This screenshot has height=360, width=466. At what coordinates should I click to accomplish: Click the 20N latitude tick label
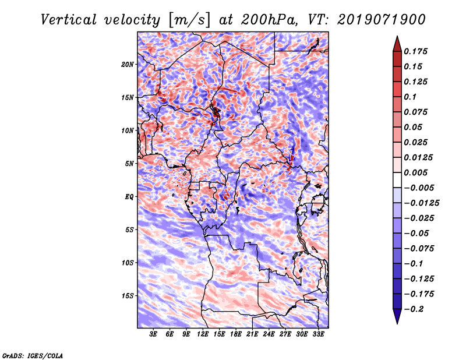point(128,64)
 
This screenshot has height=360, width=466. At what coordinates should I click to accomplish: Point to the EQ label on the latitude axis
point(129,196)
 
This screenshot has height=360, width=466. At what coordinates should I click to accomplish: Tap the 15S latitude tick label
point(128,295)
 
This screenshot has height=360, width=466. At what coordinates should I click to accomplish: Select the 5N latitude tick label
point(129,163)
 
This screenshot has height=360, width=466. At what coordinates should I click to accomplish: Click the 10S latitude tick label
point(128,263)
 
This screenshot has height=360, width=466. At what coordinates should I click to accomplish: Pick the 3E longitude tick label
point(154,334)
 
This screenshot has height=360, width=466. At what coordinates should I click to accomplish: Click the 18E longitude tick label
point(236,334)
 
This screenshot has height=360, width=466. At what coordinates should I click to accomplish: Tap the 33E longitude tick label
point(319,334)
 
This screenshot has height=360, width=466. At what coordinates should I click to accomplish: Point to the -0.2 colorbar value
point(415,309)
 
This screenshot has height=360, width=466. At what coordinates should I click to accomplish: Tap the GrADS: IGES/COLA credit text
point(32,355)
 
